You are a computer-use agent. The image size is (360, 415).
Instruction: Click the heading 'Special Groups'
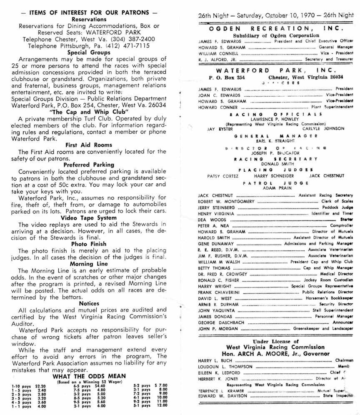(88, 52)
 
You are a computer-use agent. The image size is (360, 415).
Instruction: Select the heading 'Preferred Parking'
(88, 165)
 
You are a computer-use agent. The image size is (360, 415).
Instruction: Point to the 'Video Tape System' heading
(88, 217)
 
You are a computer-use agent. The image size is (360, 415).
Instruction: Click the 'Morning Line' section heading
(88, 264)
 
